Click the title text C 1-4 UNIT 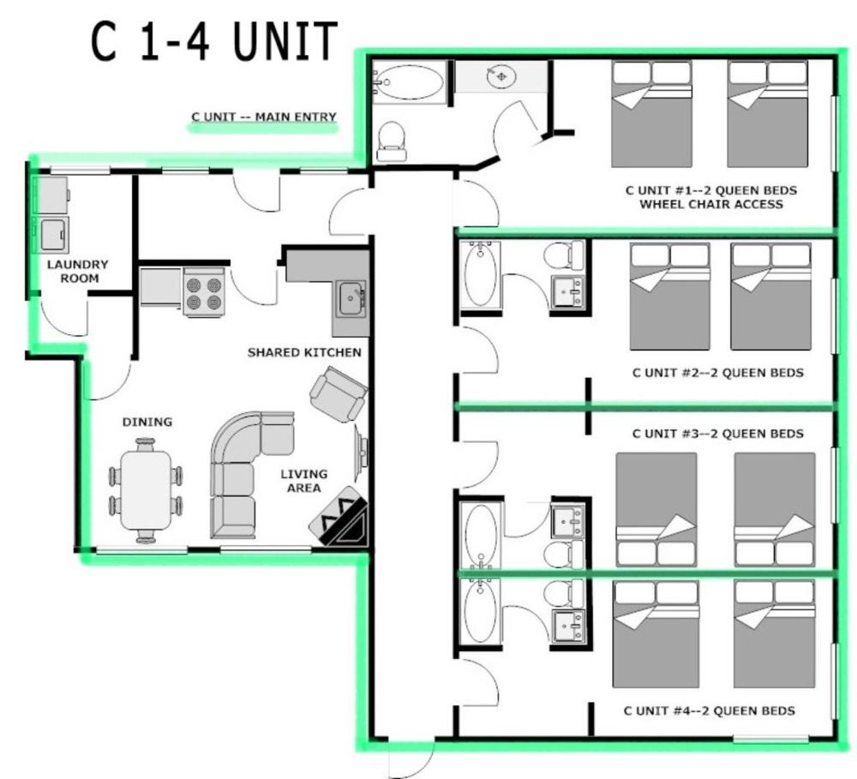[214, 43]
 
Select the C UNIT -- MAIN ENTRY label [263, 117]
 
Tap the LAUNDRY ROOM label [78, 271]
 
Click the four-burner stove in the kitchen [204, 292]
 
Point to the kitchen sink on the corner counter [351, 300]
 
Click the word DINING [147, 422]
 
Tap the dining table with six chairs [146, 490]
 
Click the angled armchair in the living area [339, 394]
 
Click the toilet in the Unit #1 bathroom [392, 141]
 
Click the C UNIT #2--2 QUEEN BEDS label [717, 373]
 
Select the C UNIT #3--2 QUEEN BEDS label [717, 434]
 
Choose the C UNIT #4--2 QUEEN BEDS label [709, 710]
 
